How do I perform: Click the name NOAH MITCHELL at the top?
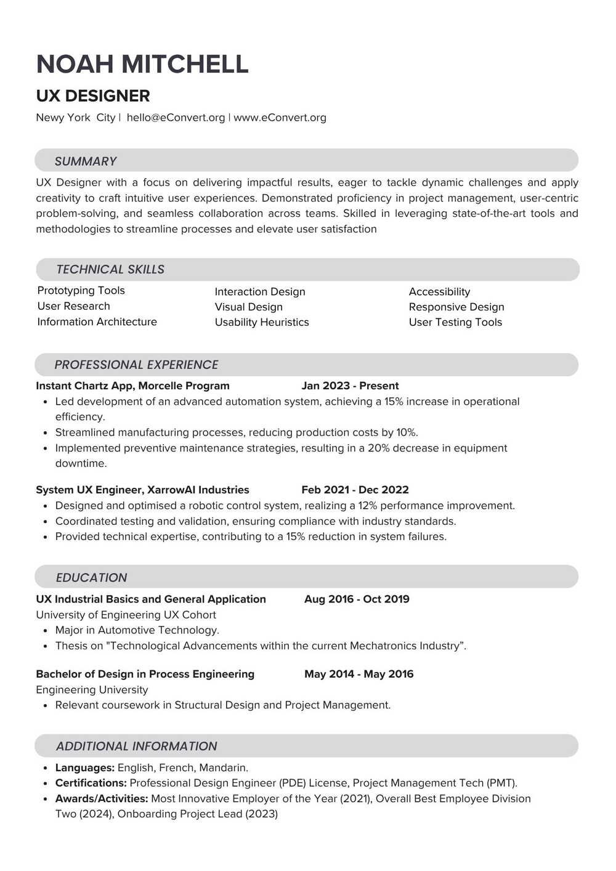142,64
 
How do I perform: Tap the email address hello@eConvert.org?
176,118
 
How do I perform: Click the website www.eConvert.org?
280,118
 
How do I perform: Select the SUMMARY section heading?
86,161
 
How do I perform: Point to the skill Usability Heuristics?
262,322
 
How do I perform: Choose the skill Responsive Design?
456,307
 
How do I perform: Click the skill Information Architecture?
97,322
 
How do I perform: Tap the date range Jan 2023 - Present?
350,386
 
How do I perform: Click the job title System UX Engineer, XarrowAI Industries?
142,490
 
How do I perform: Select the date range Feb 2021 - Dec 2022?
355,490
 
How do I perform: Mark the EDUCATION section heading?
91,578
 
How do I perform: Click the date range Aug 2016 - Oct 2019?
357,599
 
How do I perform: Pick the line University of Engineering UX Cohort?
126,615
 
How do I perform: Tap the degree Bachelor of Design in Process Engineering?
145,674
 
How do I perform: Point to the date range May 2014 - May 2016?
359,674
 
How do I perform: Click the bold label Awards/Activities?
102,798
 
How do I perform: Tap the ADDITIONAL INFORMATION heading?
136,746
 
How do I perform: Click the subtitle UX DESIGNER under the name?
93,96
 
